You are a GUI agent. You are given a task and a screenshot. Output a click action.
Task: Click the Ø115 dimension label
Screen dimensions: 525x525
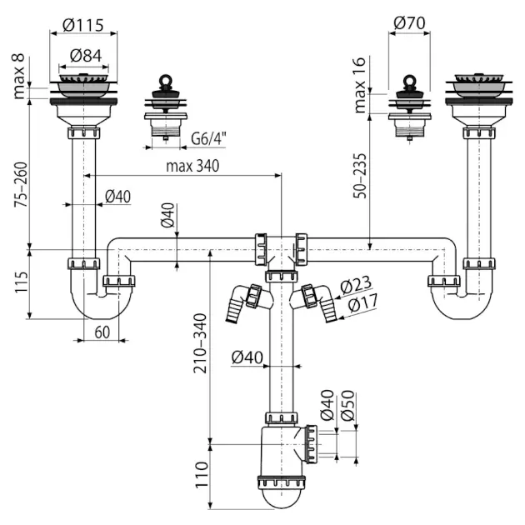pyautogui.click(x=83, y=25)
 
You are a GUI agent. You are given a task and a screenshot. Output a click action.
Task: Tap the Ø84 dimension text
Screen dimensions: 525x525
pyautogui.click(x=86, y=56)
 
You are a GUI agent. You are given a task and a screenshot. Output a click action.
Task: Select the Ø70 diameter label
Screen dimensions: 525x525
pyautogui.click(x=409, y=22)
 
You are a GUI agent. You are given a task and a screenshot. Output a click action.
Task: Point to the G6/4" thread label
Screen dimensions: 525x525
pyautogui.click(x=208, y=138)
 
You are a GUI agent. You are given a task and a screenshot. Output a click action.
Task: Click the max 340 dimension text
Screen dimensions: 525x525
pyautogui.click(x=192, y=166)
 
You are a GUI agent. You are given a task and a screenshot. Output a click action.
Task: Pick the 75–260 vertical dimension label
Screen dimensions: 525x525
pyautogui.click(x=21, y=184)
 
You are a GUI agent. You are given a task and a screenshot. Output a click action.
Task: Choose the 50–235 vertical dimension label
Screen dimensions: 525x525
pyautogui.click(x=360, y=176)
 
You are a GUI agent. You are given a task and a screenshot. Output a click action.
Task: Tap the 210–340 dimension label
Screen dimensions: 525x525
pyautogui.click(x=200, y=342)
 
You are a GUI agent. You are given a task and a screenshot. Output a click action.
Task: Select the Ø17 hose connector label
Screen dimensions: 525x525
pyautogui.click(x=362, y=302)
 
